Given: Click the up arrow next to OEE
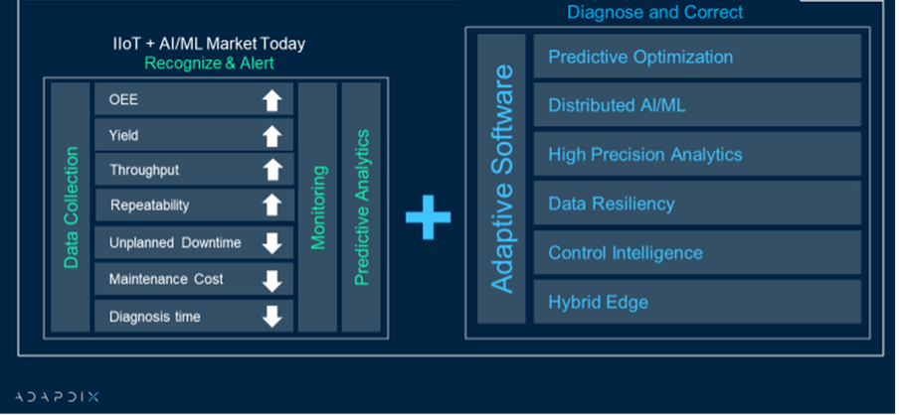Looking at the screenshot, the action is coord(271,100).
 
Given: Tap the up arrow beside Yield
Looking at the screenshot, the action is coord(271,136).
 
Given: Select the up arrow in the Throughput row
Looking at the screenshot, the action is coord(271,170).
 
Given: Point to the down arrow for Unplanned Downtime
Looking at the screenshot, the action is coord(271,243).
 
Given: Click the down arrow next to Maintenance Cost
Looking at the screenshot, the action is coord(271,281).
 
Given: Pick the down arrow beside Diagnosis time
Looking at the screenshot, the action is coord(271,317).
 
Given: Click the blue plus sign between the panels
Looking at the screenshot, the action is coord(429,217).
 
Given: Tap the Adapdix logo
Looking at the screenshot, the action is coord(57,397).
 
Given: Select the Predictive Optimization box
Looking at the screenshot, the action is coord(697,57).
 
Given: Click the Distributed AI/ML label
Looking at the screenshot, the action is coord(617,105).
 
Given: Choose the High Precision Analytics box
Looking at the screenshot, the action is coord(697,154).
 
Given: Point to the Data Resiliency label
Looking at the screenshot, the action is coord(612,204).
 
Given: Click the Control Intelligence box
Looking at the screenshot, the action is coord(697,252).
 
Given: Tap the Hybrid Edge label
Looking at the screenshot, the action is coord(598,302).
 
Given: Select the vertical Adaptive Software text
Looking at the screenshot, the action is coord(502,179).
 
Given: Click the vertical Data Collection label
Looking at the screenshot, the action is coord(71,207).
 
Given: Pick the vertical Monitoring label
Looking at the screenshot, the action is coord(318,207).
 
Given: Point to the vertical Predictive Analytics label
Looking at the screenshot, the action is coord(361,207).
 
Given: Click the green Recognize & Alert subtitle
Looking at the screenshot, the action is coord(209,63).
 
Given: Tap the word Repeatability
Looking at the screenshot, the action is coord(149,206).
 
